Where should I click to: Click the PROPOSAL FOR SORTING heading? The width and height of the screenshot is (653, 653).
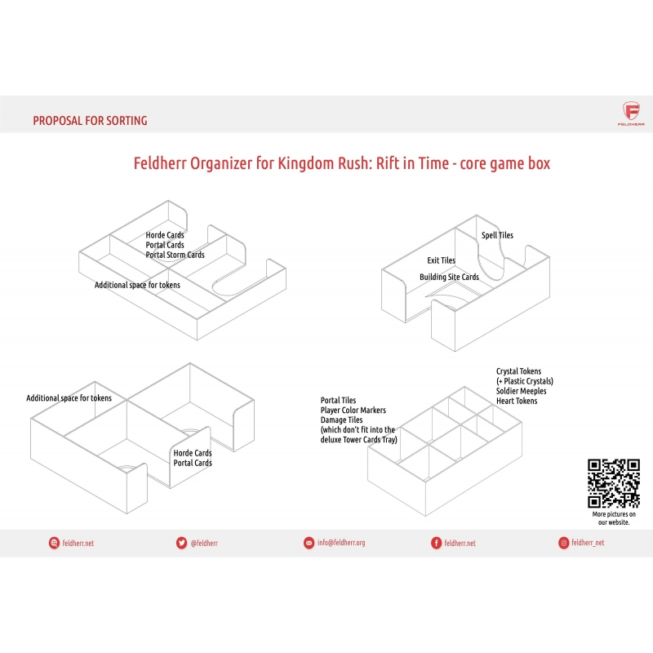[x=90, y=121]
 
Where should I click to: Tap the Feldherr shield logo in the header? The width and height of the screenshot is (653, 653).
[x=631, y=111]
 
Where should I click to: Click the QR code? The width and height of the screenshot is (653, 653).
[x=614, y=483]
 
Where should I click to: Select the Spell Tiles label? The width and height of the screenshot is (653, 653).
[x=497, y=235]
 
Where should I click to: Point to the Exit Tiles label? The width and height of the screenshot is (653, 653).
[x=441, y=260]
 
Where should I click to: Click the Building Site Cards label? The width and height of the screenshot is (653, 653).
[x=449, y=277]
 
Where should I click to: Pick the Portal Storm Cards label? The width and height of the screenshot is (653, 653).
[x=175, y=255]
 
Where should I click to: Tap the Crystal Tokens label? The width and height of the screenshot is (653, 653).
[x=518, y=371]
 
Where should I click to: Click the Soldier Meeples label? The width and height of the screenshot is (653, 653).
[x=521, y=391]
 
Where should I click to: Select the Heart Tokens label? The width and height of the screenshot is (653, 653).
[x=517, y=401]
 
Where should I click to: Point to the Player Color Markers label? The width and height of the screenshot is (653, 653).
[x=353, y=411]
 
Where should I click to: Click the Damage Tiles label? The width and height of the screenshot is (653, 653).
[x=341, y=420]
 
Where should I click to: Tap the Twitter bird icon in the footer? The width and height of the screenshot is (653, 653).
[x=181, y=543]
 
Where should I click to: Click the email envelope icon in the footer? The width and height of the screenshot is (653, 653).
[x=309, y=543]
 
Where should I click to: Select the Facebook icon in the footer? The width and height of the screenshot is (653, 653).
[x=436, y=543]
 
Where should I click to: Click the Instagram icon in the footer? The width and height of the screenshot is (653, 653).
[x=563, y=543]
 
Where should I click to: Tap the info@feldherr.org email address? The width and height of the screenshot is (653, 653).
[x=341, y=543]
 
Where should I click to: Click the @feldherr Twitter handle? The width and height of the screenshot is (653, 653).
[x=204, y=543]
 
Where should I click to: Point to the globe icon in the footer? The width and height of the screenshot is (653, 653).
[x=54, y=543]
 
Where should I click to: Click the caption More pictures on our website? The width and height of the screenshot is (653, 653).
[x=614, y=518]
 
